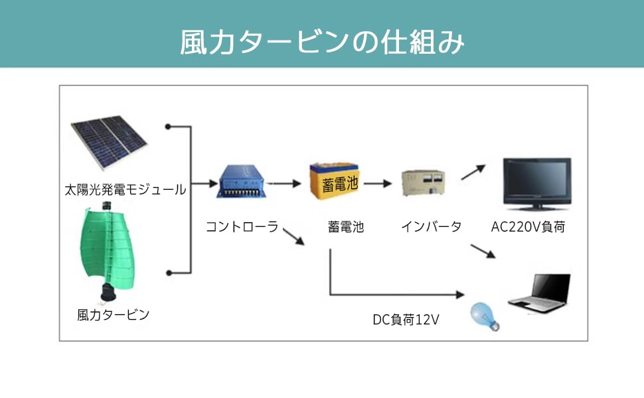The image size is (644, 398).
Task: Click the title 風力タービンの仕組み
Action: pos(322,41)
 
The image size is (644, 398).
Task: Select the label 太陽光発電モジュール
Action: pos(125,190)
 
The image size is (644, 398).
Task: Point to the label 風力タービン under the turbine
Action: pos(113,314)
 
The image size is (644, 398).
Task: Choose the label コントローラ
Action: pos(242,227)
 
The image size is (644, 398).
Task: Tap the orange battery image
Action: pos(335,181)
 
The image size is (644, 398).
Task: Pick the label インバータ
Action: pos(431,227)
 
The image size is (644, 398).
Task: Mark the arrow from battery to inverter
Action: pos(377,182)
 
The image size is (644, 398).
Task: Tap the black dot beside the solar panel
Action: pos(169,126)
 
